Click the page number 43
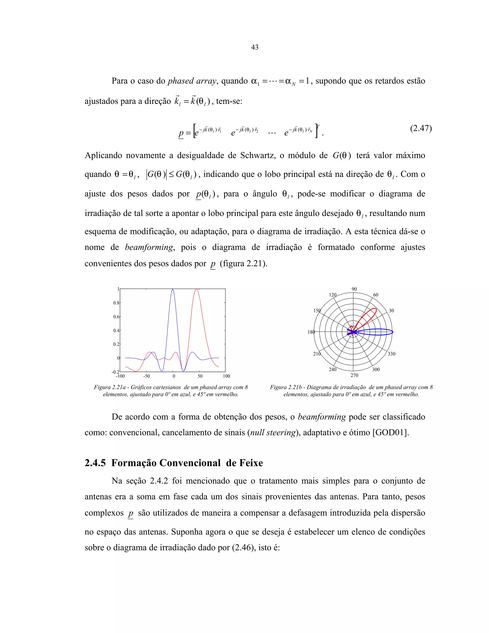pyautogui.click(x=254, y=47)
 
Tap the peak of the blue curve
pyautogui.click(x=173, y=289)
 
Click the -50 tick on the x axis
pyautogui.click(x=147, y=376)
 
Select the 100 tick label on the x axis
pyautogui.click(x=226, y=376)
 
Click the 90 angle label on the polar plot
pyautogui.click(x=354, y=289)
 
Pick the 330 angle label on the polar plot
pyautogui.click(x=391, y=354)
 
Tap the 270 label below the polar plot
pyautogui.click(x=354, y=375)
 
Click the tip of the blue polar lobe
pyautogui.click(x=393, y=332)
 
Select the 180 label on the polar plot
pyautogui.click(x=311, y=332)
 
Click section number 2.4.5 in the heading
pyautogui.click(x=95, y=463)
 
